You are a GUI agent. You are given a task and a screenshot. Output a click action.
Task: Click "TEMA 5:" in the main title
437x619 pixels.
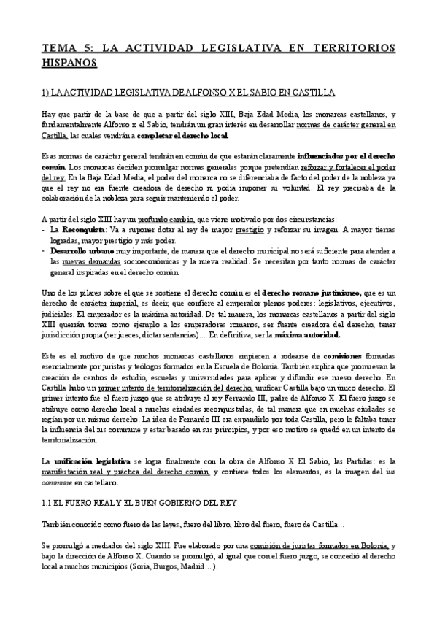pyautogui.click(x=66, y=48)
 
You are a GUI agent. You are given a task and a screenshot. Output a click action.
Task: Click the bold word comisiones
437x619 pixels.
pyautogui.click(x=325, y=356)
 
